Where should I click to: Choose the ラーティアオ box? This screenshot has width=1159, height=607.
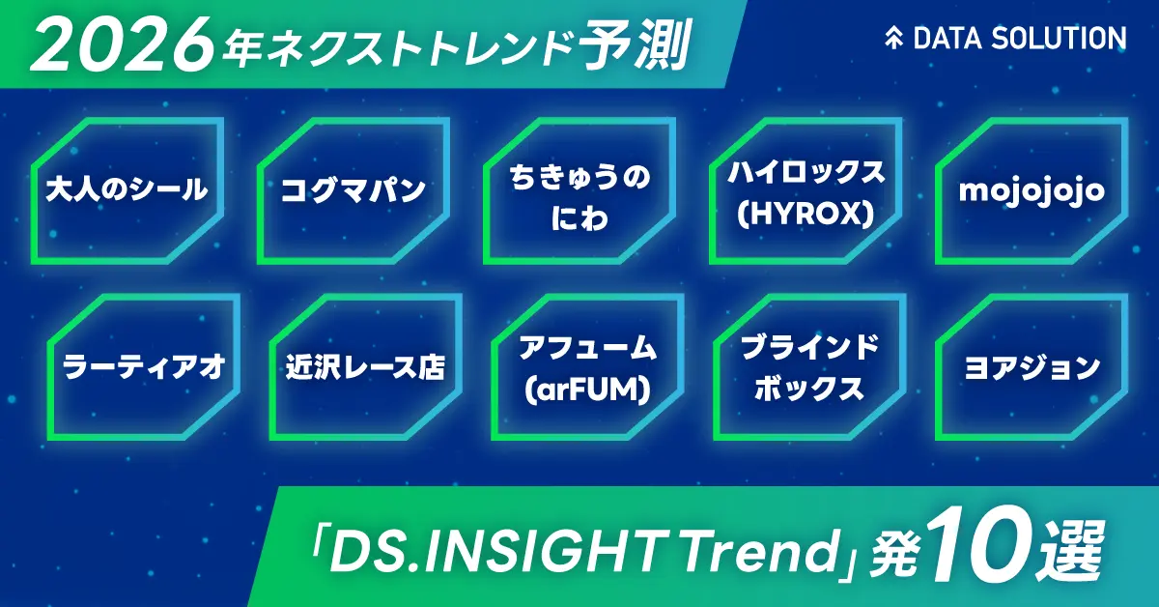click(144, 368)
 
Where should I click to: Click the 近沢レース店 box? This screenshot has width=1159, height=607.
click(366, 368)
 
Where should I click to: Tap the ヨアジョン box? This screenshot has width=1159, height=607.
click(1032, 368)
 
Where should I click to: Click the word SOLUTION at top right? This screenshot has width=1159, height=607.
click(1065, 39)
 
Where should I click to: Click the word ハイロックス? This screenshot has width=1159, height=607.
click(806, 174)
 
